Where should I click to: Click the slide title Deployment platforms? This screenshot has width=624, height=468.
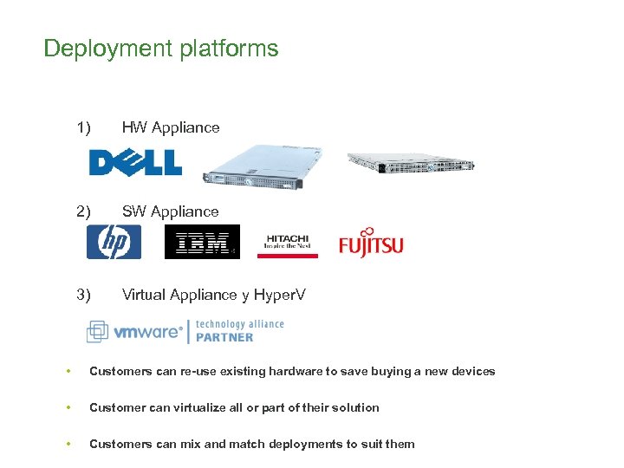coord(161,49)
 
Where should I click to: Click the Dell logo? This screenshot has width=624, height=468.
coord(135,162)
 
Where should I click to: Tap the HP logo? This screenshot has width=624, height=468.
coord(114,242)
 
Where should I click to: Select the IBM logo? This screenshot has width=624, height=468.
coord(202,243)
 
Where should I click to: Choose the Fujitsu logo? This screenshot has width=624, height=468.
coord(371,243)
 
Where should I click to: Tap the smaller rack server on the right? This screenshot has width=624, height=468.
coord(411,162)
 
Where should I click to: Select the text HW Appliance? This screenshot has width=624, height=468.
coord(171,127)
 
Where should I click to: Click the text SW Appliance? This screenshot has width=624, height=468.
coord(170,211)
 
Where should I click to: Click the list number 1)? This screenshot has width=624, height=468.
coord(84,127)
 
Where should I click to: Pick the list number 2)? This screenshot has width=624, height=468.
coord(84,211)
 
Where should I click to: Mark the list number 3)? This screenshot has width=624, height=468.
coord(84,295)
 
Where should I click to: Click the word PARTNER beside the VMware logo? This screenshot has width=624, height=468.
coord(224,336)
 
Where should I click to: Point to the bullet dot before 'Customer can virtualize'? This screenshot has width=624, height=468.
coord(67,407)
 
